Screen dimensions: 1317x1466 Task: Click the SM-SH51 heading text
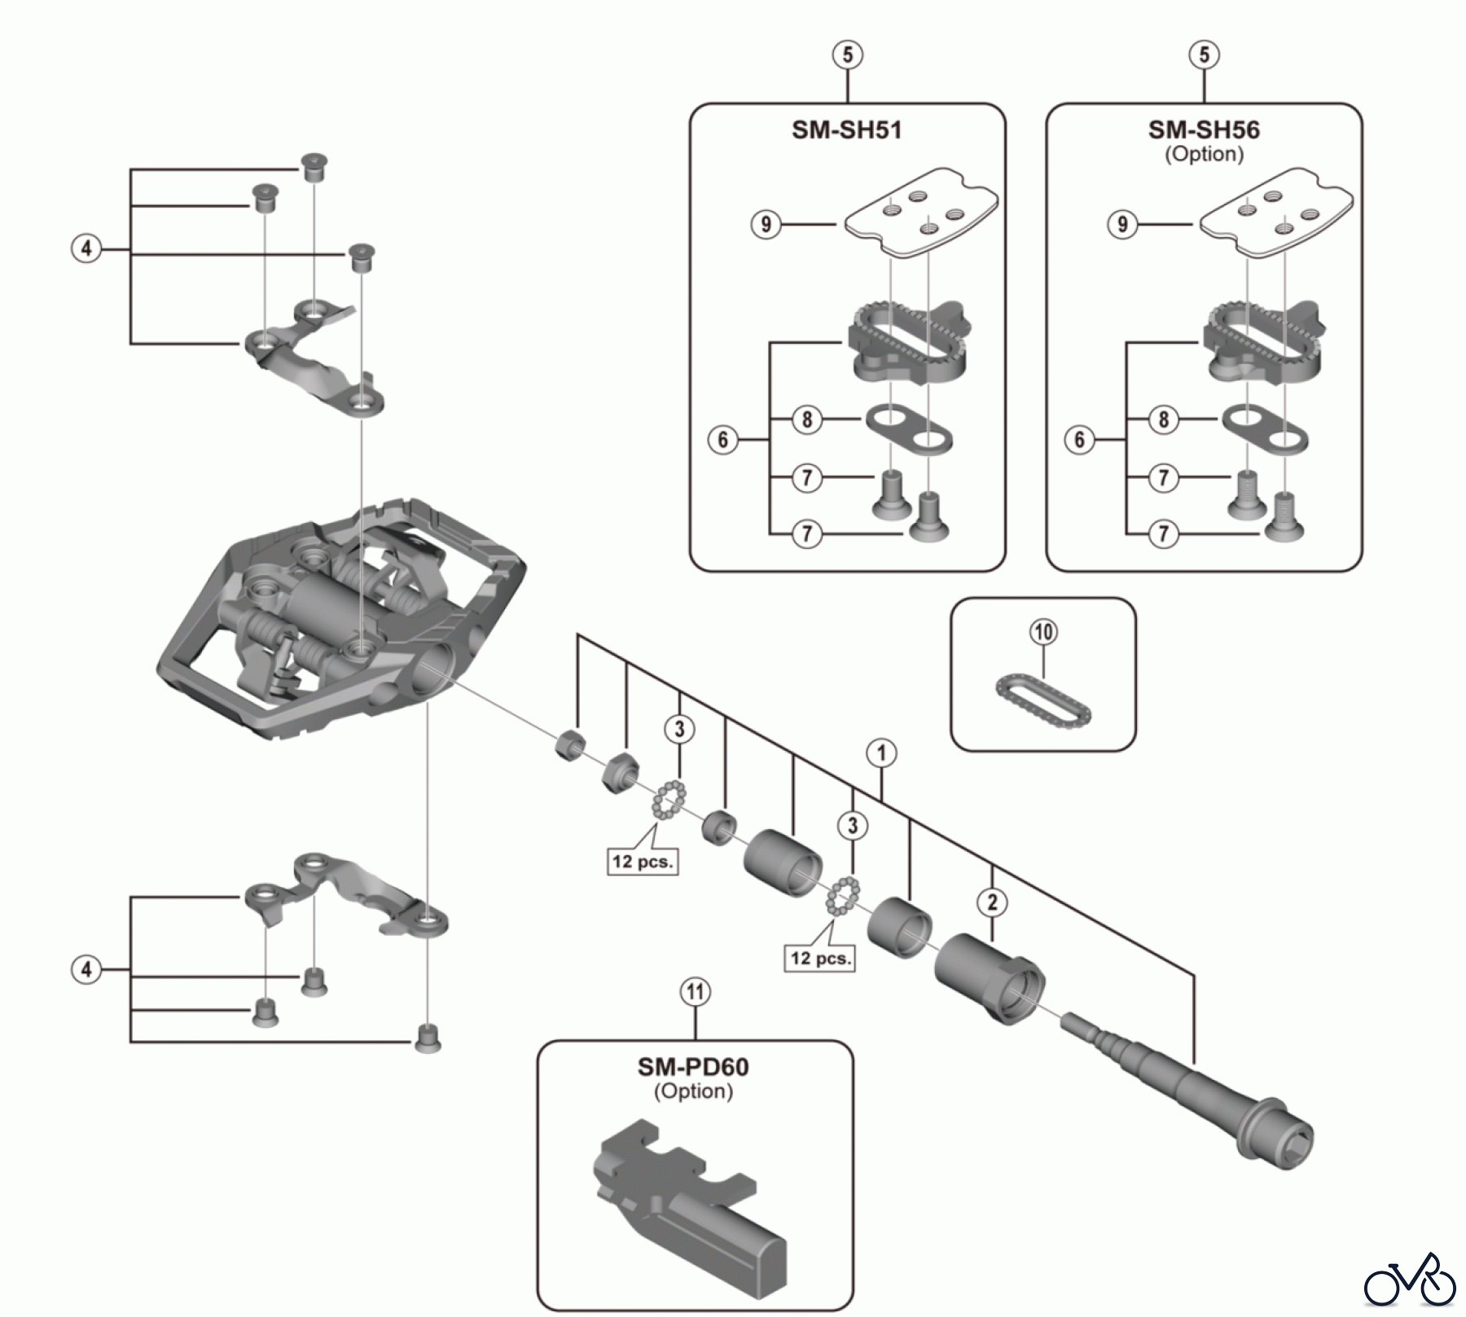[847, 130]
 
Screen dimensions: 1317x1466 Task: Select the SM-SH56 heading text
[1204, 130]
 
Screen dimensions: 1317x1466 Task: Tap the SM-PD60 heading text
[693, 1067]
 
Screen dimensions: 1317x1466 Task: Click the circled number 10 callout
[1044, 632]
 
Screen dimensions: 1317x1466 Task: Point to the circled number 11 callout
[695, 993]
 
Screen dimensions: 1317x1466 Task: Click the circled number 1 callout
[881, 753]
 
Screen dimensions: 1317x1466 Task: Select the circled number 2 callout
[992, 902]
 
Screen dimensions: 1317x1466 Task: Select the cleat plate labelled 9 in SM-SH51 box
[920, 213]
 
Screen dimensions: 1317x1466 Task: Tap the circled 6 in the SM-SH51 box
[723, 441]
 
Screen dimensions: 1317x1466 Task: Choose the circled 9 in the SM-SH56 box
[1123, 224]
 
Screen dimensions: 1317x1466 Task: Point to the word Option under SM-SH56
[1204, 154]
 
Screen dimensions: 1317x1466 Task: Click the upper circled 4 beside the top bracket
[86, 248]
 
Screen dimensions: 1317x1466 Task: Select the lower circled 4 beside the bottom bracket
[86, 969]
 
